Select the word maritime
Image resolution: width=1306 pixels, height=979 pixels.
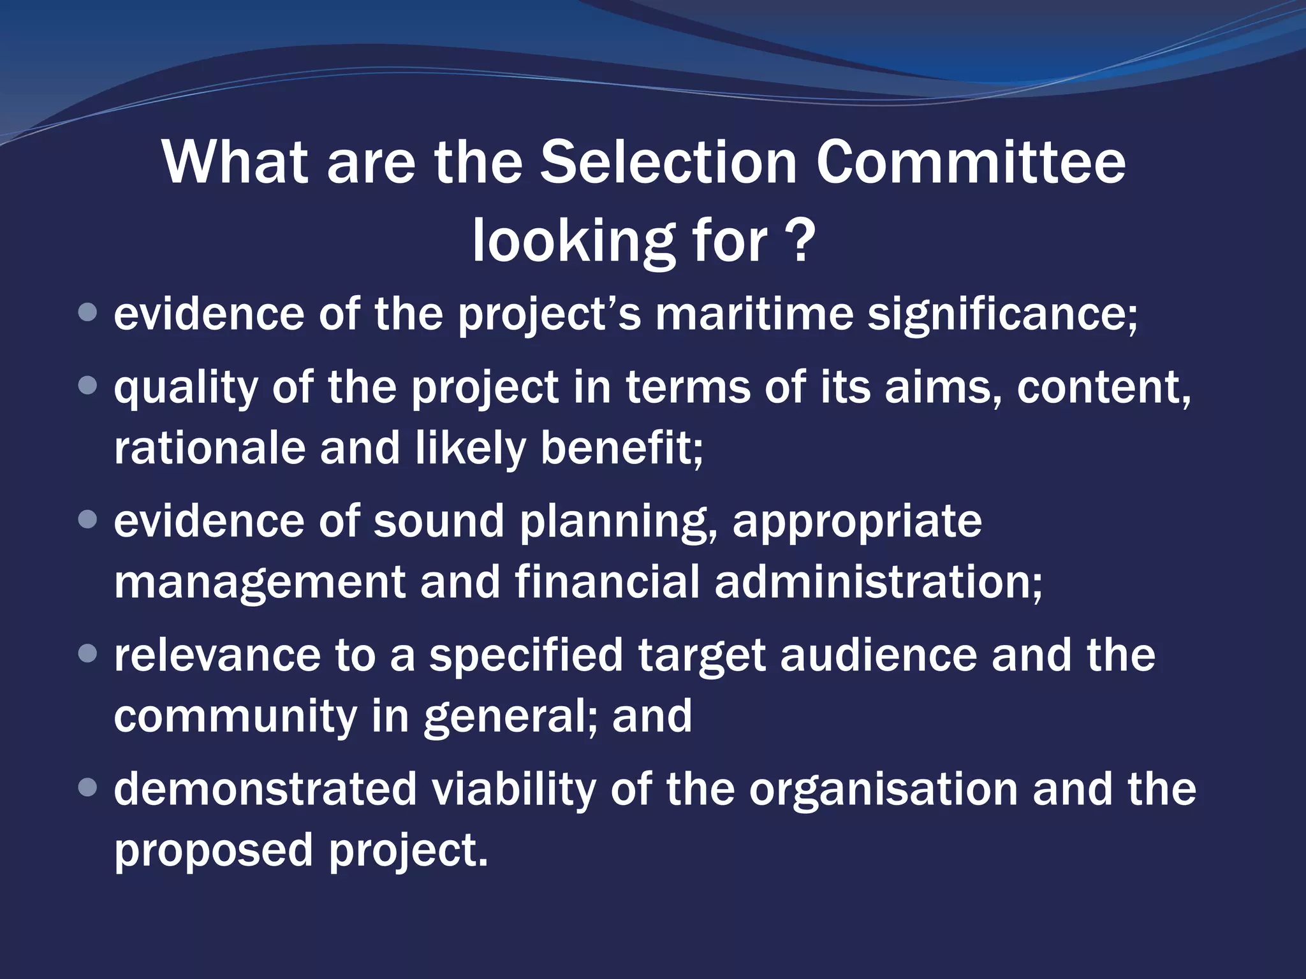[x=754, y=314]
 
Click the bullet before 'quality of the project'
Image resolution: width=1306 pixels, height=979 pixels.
[x=87, y=385]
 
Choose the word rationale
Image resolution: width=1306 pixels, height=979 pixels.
[x=210, y=447]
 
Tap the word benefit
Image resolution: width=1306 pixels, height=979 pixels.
[x=622, y=447]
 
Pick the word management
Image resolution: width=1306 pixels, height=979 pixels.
[x=260, y=581]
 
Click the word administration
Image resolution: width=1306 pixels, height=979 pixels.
[x=878, y=581]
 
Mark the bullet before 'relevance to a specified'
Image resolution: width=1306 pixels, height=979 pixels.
[x=87, y=653]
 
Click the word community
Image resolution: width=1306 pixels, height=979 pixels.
[x=236, y=716]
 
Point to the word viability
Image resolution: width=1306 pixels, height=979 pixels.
[x=513, y=789]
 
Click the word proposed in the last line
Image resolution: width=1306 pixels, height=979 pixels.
[x=214, y=850]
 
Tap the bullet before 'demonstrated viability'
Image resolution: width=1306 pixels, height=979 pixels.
[x=87, y=788]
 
